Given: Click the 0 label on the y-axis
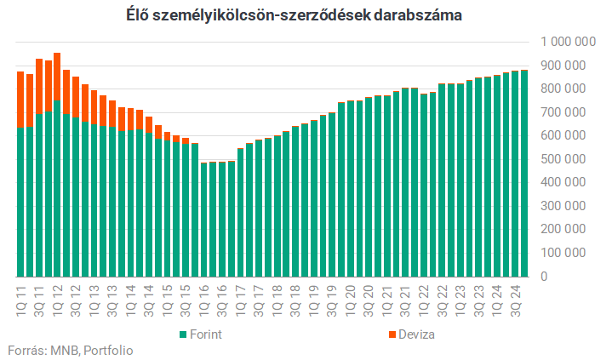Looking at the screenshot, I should [544, 277].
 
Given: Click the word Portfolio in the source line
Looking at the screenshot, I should [108, 350].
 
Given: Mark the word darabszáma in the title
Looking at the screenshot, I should [419, 15].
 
